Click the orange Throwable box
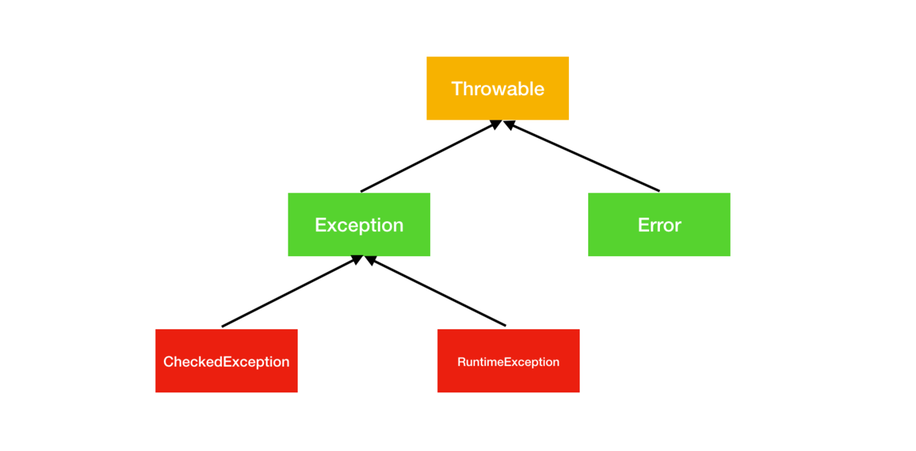497,88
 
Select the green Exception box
359,225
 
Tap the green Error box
659,225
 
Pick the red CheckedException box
227,361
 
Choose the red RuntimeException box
508,361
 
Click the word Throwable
497,89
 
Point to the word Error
660,225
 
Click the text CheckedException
226,362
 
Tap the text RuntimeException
508,362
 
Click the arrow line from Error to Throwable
582,156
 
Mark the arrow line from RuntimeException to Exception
435,291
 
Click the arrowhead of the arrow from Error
509,125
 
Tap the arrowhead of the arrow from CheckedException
357,259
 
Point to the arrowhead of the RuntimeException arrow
370,261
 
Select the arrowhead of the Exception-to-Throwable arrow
496,124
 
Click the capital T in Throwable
457,88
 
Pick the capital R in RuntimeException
462,362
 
